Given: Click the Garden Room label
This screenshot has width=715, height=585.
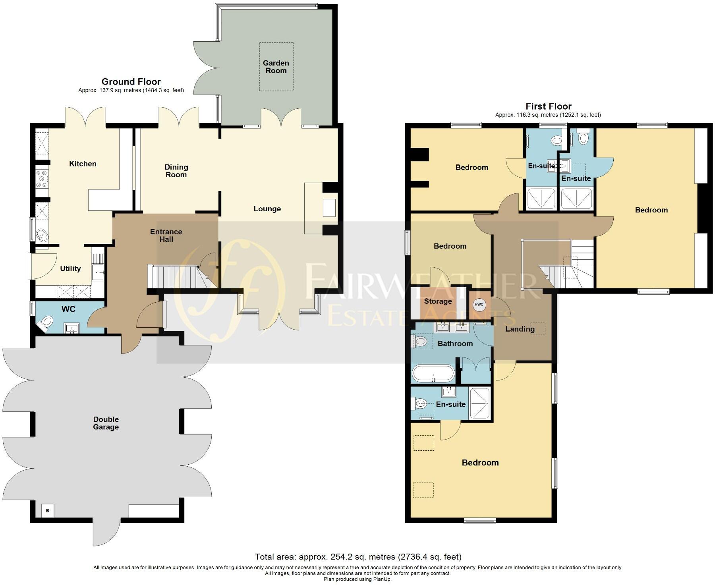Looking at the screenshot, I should pos(276,67).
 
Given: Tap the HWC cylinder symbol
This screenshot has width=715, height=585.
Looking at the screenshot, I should pos(479,305).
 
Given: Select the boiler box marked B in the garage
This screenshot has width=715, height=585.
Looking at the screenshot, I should pos(48,510).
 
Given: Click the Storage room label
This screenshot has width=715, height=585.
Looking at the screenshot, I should pos(438,301).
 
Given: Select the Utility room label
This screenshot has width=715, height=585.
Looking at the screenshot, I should pos(70,268).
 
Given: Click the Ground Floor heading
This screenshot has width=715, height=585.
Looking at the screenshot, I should pos(131,82).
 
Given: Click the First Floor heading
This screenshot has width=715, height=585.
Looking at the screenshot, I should pos(548,106).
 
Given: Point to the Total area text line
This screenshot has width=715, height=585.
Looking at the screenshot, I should pos(358,557).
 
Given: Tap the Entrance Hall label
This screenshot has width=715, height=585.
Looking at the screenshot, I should pos(166,236).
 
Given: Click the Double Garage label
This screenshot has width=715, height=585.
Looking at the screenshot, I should pos(106,423).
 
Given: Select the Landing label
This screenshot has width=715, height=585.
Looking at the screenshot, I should pos(520,329).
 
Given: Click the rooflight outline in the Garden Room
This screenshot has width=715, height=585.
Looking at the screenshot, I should pos(276,66).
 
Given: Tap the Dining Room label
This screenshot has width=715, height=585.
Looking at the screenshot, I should pos(176,171).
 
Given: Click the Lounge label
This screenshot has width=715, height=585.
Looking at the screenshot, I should pos(267,209).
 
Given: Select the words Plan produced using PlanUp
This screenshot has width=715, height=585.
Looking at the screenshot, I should pos(357,579).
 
